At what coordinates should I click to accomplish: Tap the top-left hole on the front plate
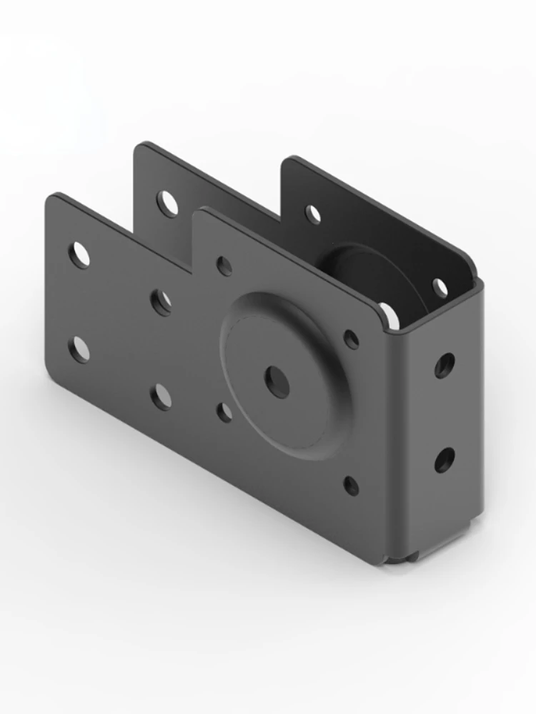79,255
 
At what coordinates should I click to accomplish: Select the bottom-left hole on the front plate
79,349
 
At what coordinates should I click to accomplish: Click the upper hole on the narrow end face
444,365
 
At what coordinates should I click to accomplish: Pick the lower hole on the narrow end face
444,460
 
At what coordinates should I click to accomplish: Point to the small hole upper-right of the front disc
352,338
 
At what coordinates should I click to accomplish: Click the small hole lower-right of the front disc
351,486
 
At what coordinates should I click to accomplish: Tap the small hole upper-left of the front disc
225,266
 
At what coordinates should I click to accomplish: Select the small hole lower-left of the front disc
225,412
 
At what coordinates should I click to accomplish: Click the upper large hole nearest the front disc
162,302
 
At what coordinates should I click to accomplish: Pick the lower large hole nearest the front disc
162,396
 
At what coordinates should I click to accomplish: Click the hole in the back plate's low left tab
168,204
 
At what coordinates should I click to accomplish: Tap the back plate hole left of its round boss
313,214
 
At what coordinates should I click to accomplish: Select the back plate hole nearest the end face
440,288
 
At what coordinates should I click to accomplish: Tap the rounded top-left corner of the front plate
51,199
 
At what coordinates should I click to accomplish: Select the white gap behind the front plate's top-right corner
389,315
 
